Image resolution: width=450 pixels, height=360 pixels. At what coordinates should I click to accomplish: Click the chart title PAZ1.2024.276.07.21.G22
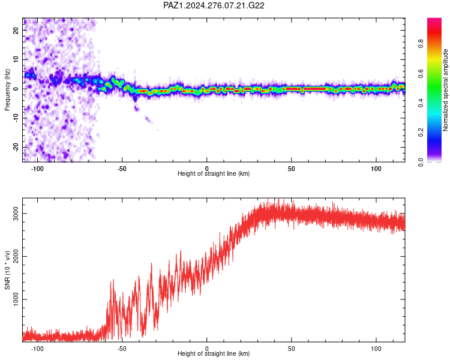tap(214, 5)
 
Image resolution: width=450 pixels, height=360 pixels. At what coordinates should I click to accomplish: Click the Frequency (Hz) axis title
tap(7, 89)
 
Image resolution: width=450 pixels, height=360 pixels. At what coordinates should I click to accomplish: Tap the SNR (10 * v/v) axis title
tap(7, 270)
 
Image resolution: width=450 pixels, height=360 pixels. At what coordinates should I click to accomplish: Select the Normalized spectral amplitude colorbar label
tap(445, 90)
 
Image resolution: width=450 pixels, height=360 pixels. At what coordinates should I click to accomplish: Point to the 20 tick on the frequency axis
tap(16, 31)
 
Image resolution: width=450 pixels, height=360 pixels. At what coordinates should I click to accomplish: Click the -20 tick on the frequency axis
tap(16, 147)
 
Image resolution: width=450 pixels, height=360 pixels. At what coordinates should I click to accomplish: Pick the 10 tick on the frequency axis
tap(16, 59)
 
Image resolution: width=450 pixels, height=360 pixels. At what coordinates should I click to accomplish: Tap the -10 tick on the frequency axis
tap(16, 118)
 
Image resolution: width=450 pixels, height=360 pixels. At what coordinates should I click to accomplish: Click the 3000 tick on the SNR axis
tap(16, 214)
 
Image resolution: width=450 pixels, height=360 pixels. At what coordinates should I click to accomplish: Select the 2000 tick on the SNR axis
tap(16, 256)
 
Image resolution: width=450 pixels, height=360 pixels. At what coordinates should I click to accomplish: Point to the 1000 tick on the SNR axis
tap(16, 299)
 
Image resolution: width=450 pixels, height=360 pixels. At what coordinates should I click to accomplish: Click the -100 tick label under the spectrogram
tap(37, 169)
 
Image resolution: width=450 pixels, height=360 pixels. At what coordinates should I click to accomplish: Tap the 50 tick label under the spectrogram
tap(291, 169)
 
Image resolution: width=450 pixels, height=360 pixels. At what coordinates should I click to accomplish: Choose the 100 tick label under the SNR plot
tap(376, 349)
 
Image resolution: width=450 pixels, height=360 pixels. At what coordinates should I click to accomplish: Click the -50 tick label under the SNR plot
tap(122, 349)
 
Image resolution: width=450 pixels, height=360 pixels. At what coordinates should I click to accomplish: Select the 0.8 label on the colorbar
tap(421, 44)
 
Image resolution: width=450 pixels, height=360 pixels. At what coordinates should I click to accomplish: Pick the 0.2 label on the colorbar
tap(421, 133)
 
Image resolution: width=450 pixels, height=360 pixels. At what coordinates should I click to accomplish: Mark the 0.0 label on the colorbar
tap(421, 162)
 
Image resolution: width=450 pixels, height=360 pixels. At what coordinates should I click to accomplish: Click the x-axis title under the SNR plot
tap(214, 353)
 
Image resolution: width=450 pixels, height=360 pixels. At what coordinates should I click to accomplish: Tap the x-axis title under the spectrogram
tap(214, 173)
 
